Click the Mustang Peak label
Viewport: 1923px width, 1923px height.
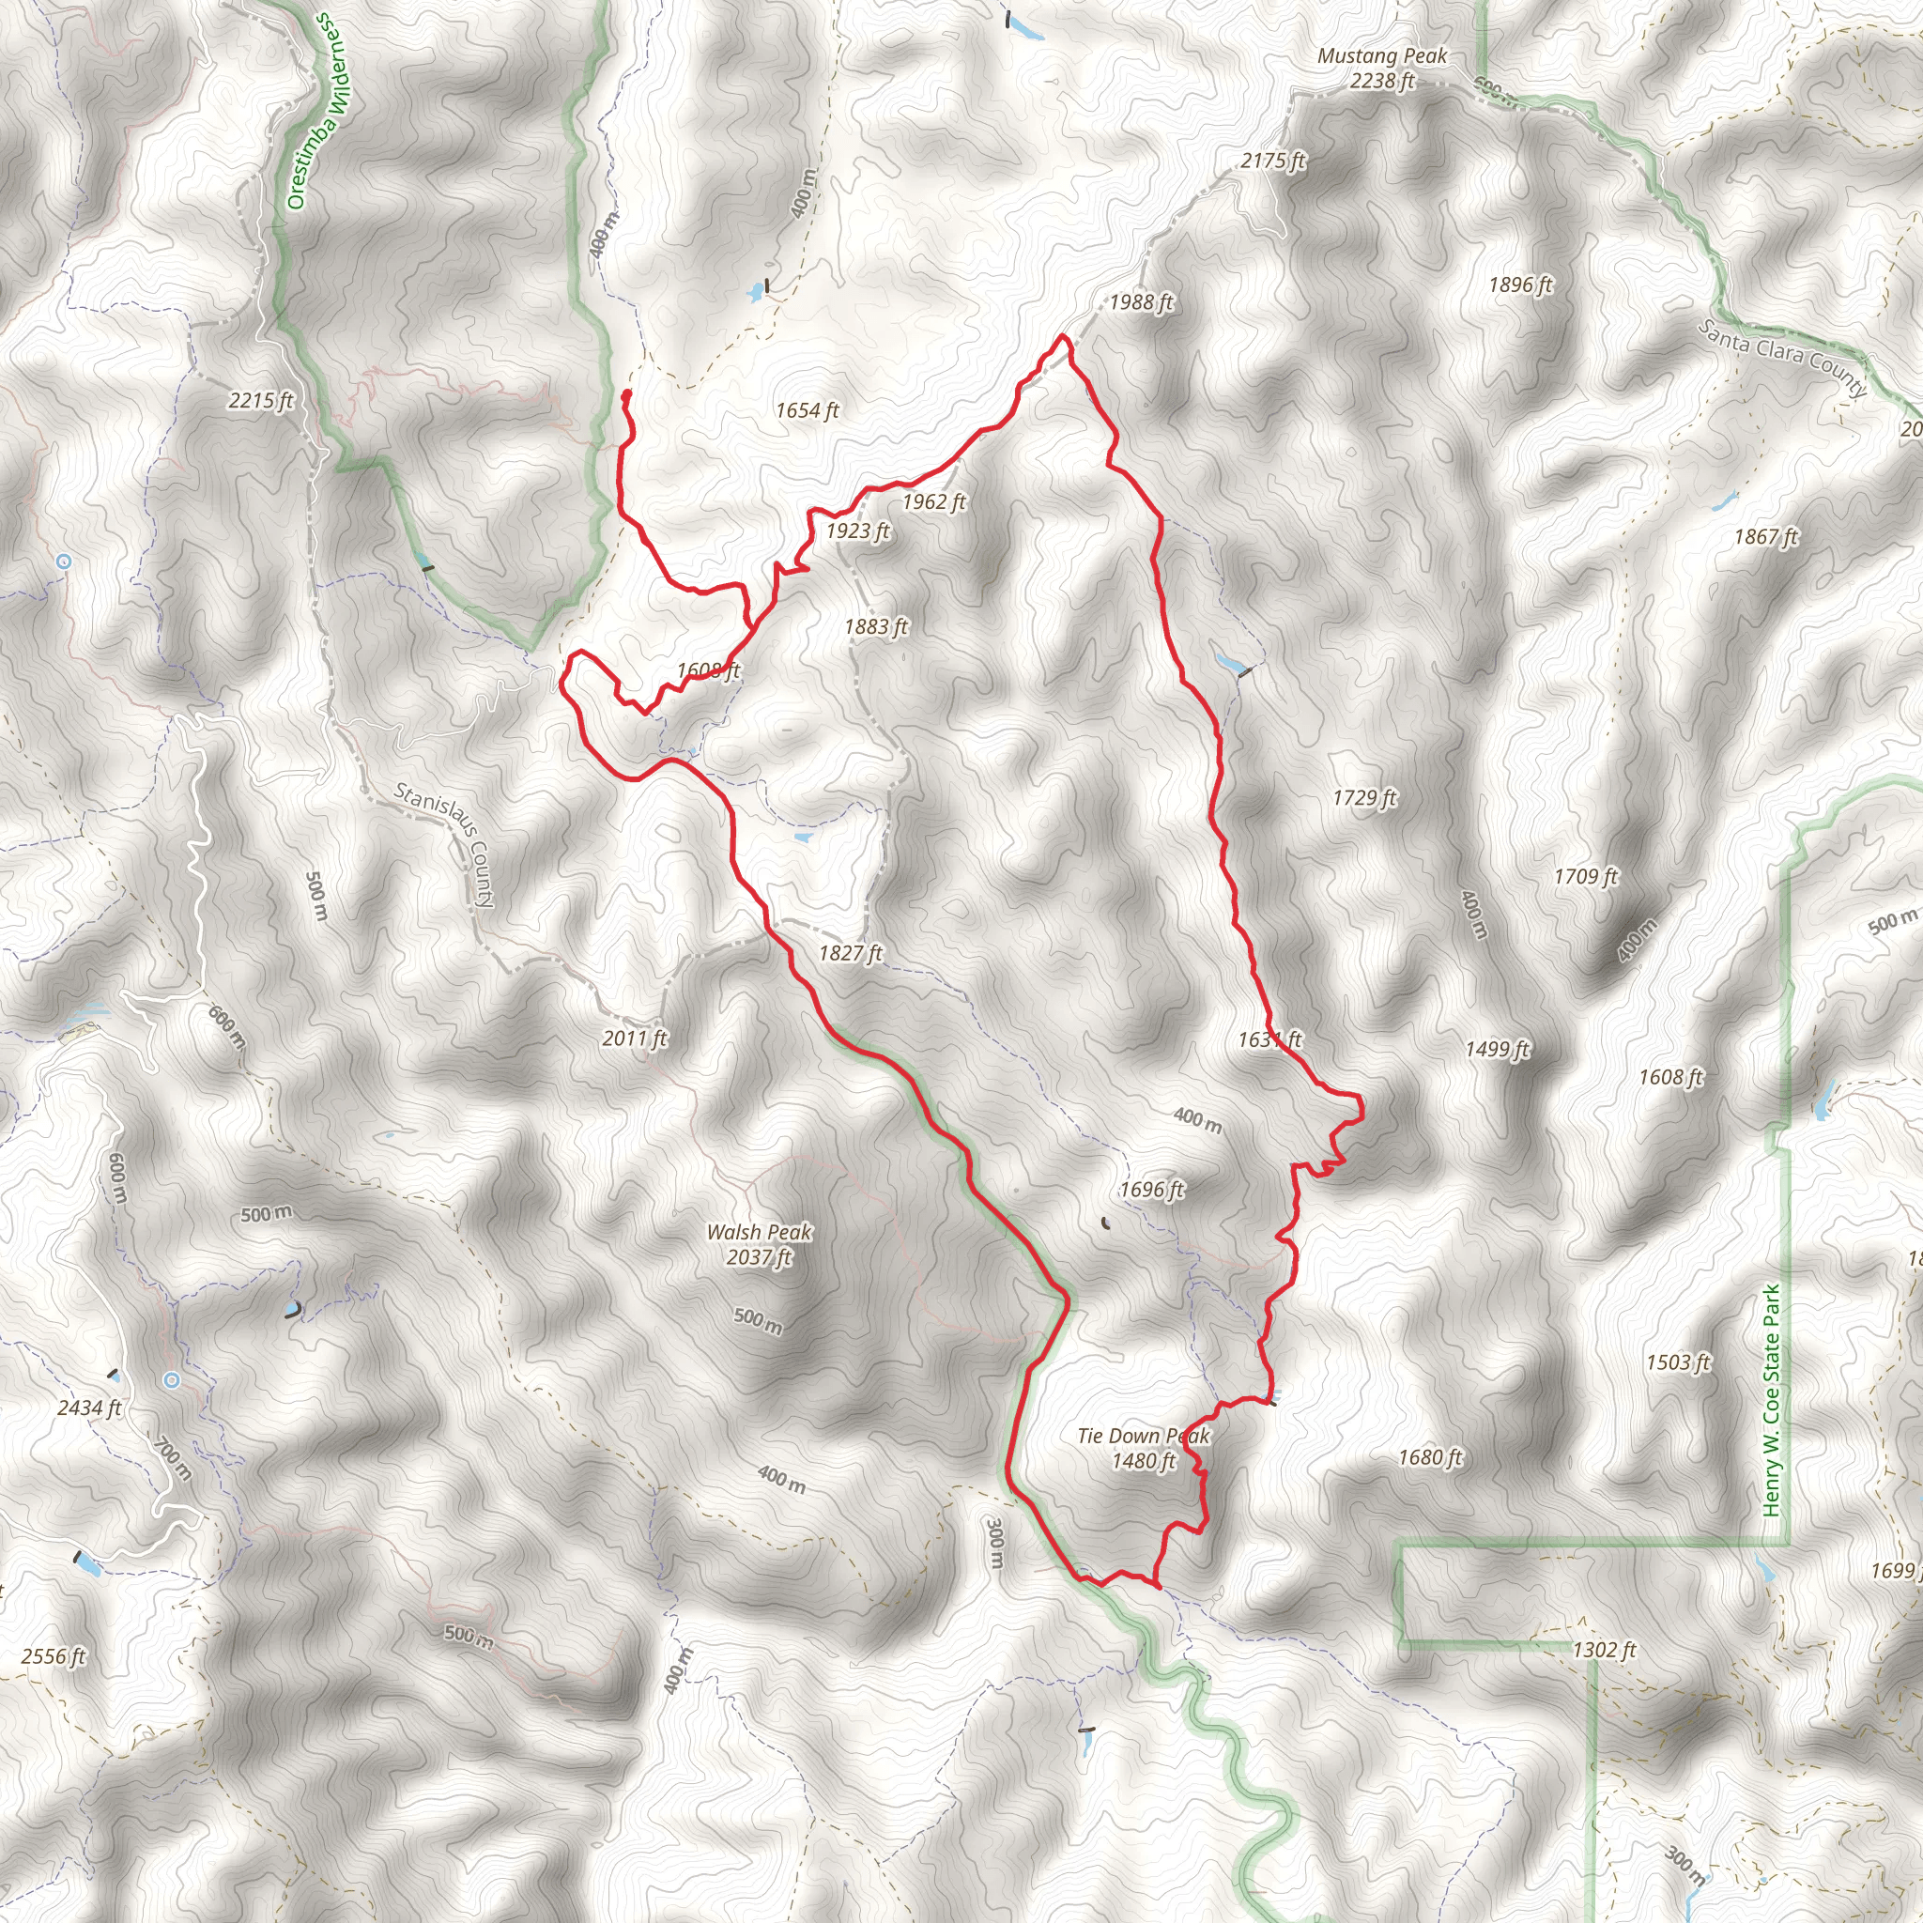tap(1381, 69)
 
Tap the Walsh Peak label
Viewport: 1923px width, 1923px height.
tap(759, 1244)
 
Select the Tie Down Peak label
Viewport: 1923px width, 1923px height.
tap(1144, 1448)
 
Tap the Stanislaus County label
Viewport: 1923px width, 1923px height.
tap(444, 844)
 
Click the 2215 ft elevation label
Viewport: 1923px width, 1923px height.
tap(261, 400)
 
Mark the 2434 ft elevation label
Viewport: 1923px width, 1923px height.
tap(89, 1408)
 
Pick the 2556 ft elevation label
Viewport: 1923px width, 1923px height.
tap(54, 1656)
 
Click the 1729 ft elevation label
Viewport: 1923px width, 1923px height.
tap(1364, 797)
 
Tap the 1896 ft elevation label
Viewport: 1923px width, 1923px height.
tap(1520, 285)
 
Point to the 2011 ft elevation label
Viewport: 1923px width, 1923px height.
tap(634, 1038)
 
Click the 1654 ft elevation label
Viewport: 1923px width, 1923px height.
tap(808, 410)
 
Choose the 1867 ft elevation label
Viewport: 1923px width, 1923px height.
tap(1766, 536)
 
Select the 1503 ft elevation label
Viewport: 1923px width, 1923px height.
tap(1678, 1361)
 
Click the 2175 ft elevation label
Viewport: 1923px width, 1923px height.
tap(1273, 161)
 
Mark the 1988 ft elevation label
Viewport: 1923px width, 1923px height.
tap(1142, 301)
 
